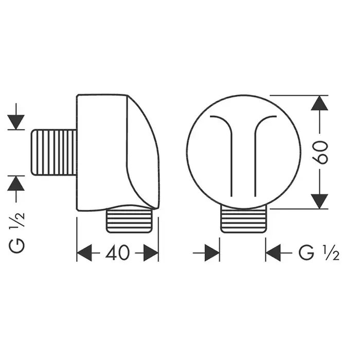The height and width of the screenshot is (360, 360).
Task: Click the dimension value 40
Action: tap(118, 253)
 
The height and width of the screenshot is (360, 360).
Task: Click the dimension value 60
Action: tap(320, 152)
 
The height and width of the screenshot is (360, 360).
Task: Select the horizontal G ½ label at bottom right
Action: tap(319, 253)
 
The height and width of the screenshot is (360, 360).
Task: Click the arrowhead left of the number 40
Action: tap(84, 253)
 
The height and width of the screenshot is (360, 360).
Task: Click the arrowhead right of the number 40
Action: tap(151, 253)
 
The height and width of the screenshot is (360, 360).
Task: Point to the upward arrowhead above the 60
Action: tap(319, 103)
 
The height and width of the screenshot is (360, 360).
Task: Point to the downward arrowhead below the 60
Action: tap(319, 202)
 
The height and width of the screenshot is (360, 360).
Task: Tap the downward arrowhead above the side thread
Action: tap(16, 122)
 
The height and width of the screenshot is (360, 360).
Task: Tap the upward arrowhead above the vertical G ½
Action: tap(16, 183)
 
